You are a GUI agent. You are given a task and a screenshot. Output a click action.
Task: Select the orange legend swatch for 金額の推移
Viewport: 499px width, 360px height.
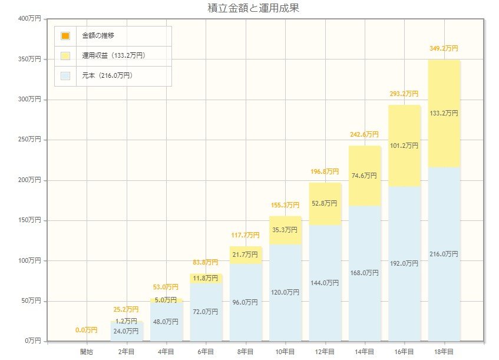[x=65, y=36]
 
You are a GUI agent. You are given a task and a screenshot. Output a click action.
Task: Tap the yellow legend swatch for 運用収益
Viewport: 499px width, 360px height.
[x=65, y=56]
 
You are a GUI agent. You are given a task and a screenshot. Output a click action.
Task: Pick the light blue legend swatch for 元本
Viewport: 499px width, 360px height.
[x=65, y=75]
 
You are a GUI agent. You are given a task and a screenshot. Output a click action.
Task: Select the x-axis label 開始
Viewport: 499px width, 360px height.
[x=87, y=351]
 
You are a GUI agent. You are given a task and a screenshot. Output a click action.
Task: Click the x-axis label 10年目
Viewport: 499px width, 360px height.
[x=285, y=351]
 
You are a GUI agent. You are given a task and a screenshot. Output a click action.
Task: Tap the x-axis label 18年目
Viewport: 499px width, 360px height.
[x=444, y=351]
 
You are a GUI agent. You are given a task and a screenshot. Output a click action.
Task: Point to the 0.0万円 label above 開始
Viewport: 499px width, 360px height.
[x=87, y=331]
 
